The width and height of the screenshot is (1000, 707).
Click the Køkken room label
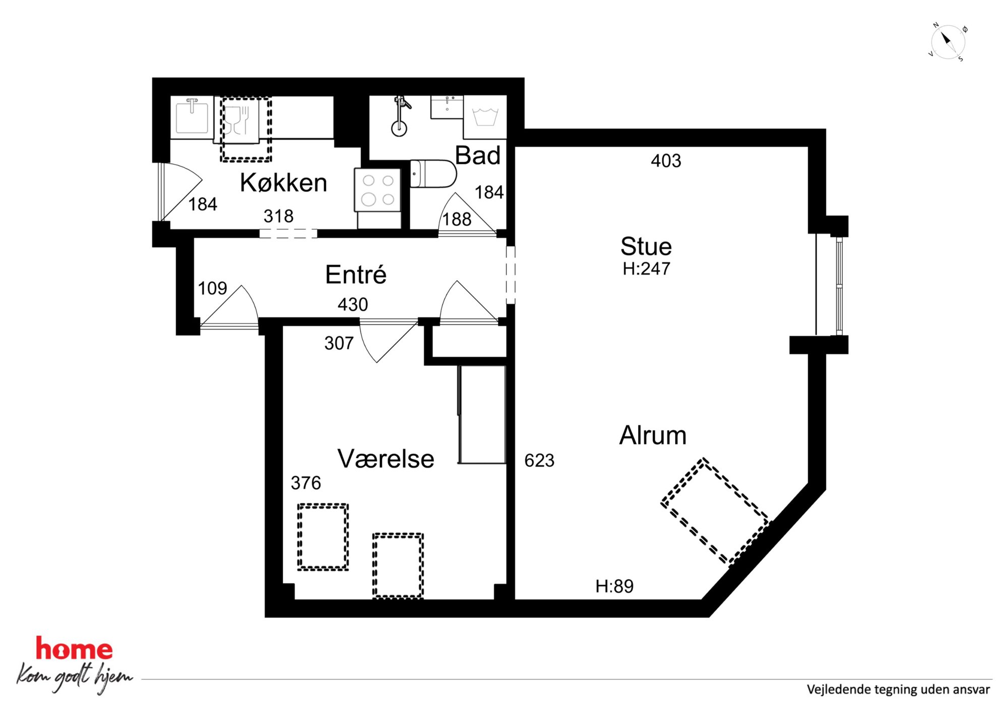tap(283, 182)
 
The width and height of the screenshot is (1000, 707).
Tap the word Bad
tap(478, 155)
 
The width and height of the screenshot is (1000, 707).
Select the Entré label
tap(356, 275)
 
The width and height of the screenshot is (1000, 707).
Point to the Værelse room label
tap(386, 459)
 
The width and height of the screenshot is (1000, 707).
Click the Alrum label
tap(653, 435)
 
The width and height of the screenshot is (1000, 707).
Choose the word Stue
tap(646, 246)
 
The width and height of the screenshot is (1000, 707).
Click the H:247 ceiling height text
tap(647, 269)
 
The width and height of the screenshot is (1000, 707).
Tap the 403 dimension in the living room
tap(666, 161)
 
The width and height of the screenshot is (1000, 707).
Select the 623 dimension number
tap(539, 460)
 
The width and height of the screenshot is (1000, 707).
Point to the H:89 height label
tap(614, 586)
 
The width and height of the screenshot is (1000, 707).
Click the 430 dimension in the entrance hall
tap(353, 304)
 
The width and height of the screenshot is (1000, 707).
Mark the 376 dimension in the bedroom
tap(306, 483)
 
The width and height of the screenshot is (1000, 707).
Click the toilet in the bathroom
tap(433, 174)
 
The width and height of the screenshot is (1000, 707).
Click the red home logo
tap(74, 649)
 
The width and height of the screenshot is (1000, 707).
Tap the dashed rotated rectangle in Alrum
tap(715, 511)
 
